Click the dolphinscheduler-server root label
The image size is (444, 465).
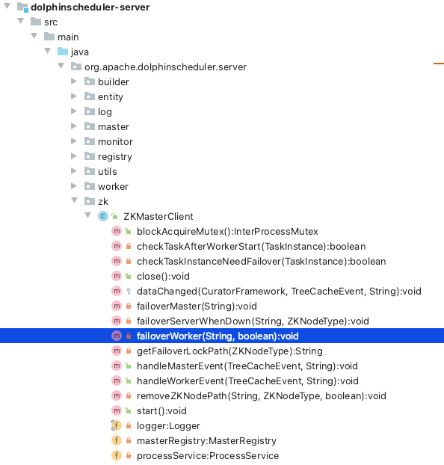[90, 7]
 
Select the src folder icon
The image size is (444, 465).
[36, 22]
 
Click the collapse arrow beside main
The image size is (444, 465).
[34, 36]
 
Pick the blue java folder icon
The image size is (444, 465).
[63, 52]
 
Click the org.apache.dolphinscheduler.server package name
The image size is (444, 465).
[165, 67]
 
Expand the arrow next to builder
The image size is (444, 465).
[74, 81]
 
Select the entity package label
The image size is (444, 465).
[111, 97]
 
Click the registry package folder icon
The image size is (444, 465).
[90, 156]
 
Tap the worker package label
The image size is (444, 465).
[113, 187]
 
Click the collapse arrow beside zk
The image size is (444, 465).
[75, 201]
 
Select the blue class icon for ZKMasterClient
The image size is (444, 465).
[102, 216]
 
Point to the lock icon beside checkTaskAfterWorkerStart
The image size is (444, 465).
[129, 246]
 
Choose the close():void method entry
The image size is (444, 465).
[163, 277]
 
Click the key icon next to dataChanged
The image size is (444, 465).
[129, 292]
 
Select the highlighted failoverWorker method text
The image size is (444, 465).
[218, 336]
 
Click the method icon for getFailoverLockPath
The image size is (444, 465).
[117, 351]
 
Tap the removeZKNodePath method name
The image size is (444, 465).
[182, 396]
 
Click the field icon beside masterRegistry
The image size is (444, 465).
[117, 440]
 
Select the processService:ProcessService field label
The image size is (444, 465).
[208, 456]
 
